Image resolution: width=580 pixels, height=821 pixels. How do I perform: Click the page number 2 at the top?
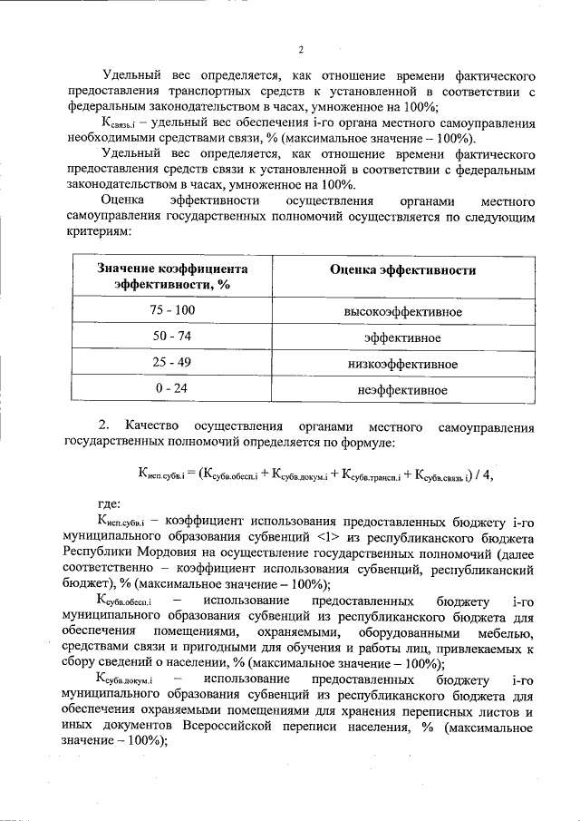coord(300,49)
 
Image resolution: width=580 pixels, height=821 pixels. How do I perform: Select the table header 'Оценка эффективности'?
coord(402,270)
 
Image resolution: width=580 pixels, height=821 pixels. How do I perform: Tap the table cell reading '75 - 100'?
coord(172,311)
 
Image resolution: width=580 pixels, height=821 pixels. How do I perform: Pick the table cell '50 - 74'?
coord(172,337)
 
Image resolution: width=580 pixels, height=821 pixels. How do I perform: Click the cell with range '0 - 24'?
coord(172,390)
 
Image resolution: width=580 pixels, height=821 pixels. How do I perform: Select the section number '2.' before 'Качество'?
coord(103,425)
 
